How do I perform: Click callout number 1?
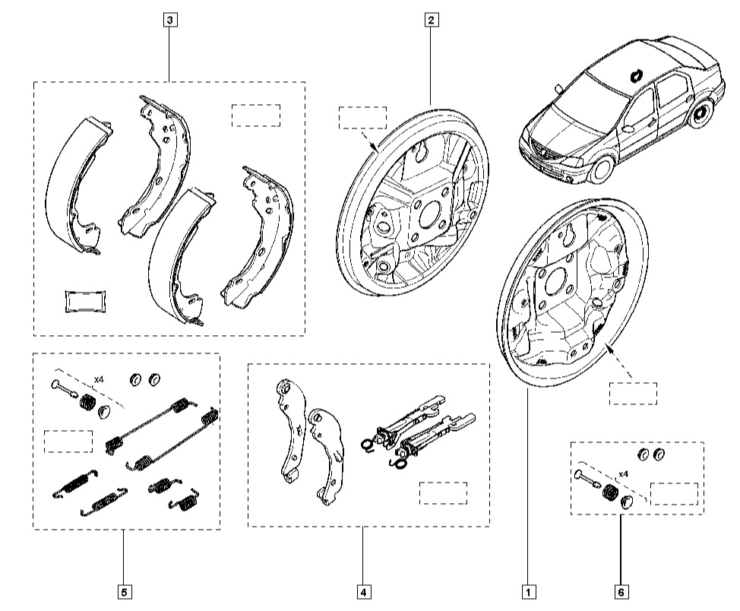[529, 592]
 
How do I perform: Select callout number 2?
[432, 20]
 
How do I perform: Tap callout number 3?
[170, 20]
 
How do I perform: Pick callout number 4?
[364, 592]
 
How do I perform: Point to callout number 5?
[125, 592]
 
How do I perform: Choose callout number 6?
[621, 592]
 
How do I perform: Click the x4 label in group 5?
[99, 379]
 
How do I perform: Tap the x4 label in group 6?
[624, 473]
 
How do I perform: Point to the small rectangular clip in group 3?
[85, 301]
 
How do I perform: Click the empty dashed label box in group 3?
[256, 116]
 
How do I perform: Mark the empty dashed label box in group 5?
[68, 442]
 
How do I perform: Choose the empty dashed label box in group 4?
[443, 493]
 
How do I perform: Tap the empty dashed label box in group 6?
[674, 494]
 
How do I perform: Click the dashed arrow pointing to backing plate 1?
[620, 362]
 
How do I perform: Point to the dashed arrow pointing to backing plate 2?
[368, 139]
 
